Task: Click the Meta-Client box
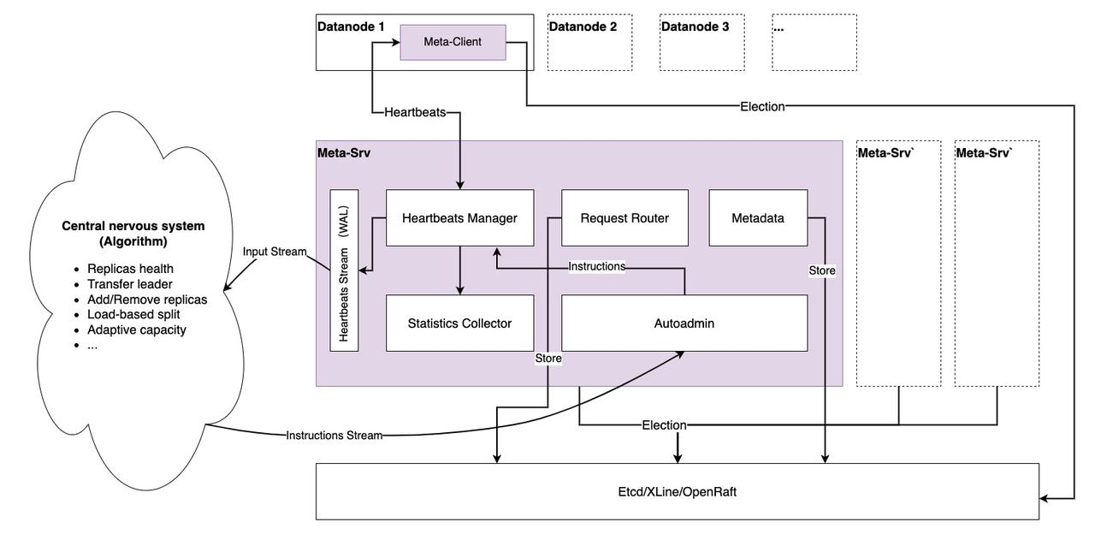453,43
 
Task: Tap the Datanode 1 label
351,27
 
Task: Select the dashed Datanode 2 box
589,42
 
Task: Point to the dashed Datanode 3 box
701,42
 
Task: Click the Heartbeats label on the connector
415,112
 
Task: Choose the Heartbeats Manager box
459,218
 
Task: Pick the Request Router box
624,218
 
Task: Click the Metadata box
758,218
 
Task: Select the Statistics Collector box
459,323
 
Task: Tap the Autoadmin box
684,323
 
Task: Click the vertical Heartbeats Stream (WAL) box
344,270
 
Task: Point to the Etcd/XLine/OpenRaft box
678,492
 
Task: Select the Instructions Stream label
334,436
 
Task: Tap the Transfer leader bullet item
129,284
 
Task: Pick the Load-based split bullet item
133,314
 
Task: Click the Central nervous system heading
133,234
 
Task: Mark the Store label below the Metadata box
822,270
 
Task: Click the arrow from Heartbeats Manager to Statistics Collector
460,271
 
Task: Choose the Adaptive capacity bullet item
136,329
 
